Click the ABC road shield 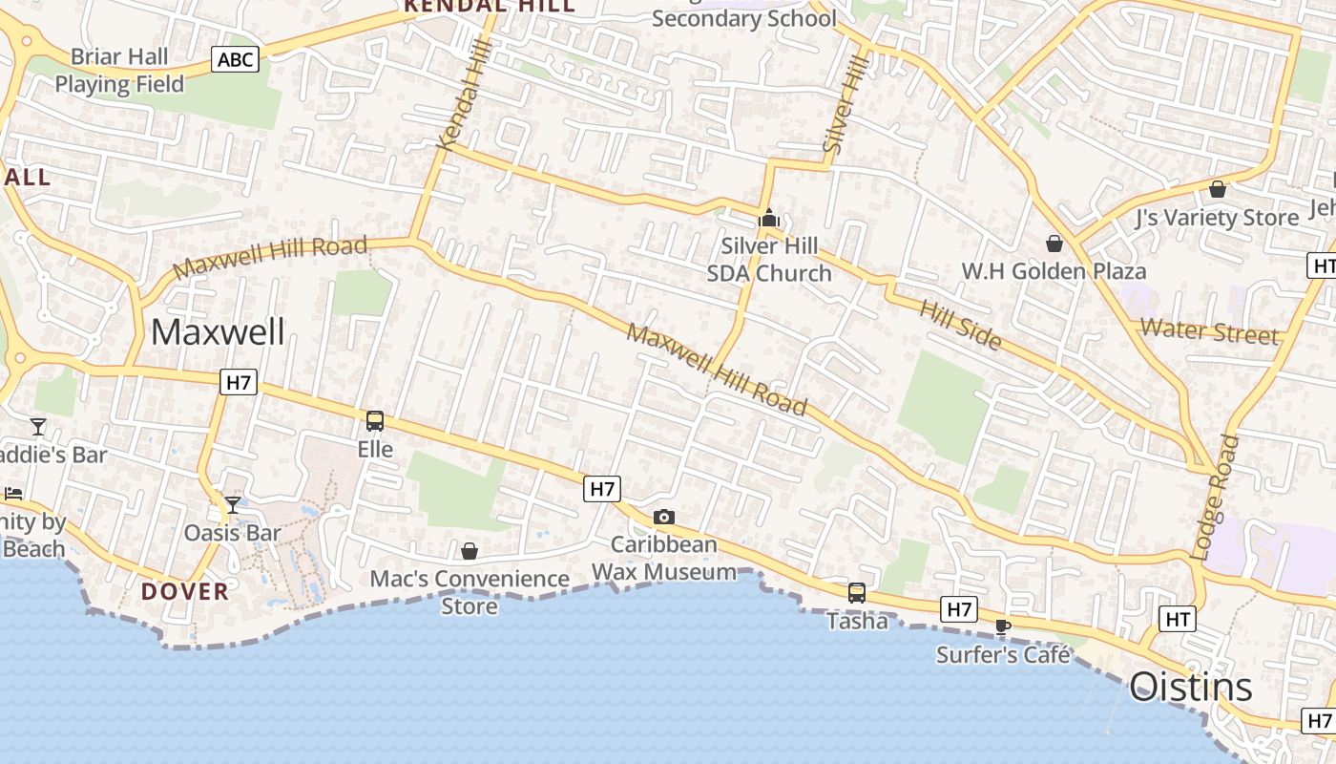(x=235, y=60)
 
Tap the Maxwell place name (x=218, y=332)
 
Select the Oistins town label (x=1191, y=688)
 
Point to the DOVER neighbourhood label (x=185, y=591)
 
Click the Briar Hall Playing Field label (x=119, y=71)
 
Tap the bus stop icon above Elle (x=375, y=421)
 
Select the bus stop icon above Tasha (x=857, y=593)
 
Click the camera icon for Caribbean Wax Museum (x=664, y=518)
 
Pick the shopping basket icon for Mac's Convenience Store (x=470, y=551)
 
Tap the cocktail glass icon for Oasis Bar (x=232, y=505)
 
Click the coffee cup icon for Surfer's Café (x=1002, y=626)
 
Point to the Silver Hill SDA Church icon (x=768, y=219)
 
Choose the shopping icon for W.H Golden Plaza (x=1054, y=244)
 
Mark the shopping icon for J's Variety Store (x=1217, y=189)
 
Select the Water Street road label (x=1209, y=331)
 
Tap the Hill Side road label (x=960, y=324)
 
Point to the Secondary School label (x=744, y=18)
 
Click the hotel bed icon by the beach (x=12, y=494)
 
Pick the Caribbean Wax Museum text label (x=664, y=559)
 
